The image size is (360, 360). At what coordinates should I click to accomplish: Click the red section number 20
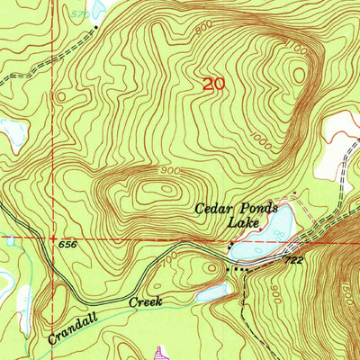[213, 85]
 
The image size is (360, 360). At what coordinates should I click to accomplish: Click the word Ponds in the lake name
[257, 209]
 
